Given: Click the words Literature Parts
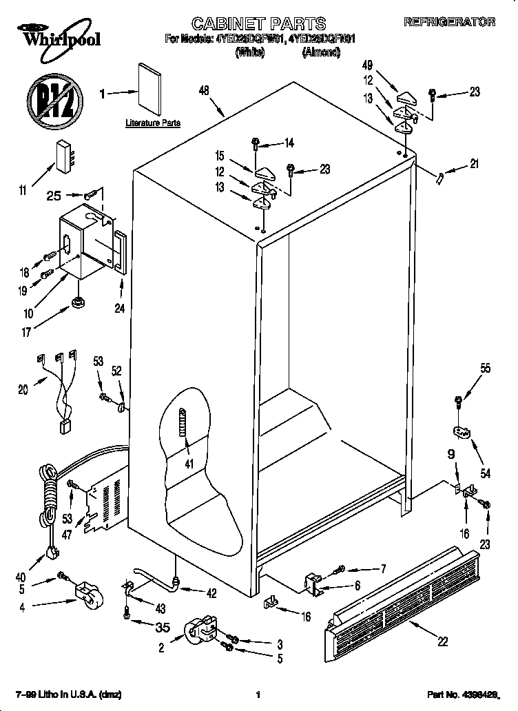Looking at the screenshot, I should click(x=153, y=123).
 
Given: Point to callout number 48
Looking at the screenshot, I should click(x=203, y=90).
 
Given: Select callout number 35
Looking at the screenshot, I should click(x=163, y=626).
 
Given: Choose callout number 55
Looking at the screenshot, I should click(x=486, y=369).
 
